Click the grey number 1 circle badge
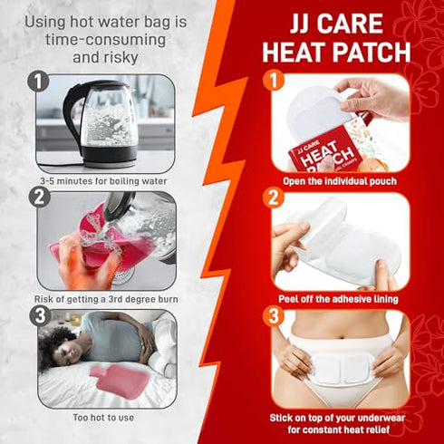pyautogui.click(x=38, y=83)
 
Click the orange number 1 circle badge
pyautogui.click(x=272, y=82)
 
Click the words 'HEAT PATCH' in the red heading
pyautogui.click(x=336, y=51)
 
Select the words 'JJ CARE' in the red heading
pyautogui.click(x=336, y=21)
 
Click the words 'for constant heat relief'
pyautogui.click(x=340, y=432)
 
